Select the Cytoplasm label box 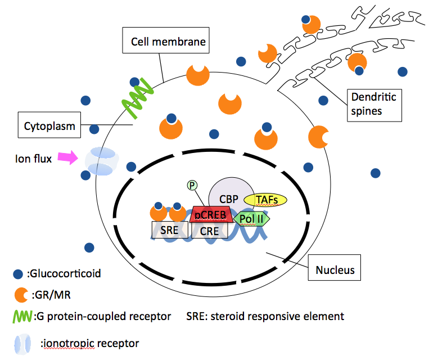click(49, 126)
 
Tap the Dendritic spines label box click(373, 104)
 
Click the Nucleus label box click(335, 269)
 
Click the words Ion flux click(33, 159)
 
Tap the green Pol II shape click(251, 218)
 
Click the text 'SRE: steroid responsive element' click(265, 316)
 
